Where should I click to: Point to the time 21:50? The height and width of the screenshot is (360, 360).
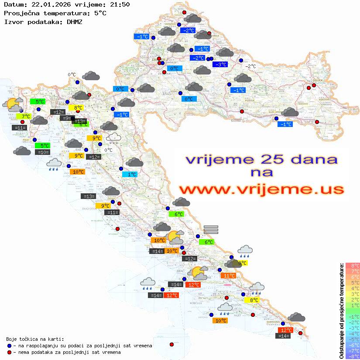coord(120,5)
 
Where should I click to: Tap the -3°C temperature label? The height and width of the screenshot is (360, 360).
coord(219,65)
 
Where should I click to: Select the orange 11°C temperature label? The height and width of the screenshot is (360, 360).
coord(228,275)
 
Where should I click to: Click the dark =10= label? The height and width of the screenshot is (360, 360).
coord(42,152)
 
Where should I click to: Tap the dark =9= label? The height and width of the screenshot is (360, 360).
coord(66,118)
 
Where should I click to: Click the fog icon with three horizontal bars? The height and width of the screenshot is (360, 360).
coord(211,229)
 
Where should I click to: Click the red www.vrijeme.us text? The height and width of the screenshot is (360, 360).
coord(261,190)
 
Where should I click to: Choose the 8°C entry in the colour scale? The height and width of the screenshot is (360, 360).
coord(353,266)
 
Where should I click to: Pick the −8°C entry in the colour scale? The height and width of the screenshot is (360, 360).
coord(353,357)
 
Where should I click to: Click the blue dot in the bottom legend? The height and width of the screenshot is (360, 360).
coord(9,346)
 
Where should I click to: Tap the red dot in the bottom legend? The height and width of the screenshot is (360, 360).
coord(9,352)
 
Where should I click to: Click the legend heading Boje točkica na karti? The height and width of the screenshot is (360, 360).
coord(34,339)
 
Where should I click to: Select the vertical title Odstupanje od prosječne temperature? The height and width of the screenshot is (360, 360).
coord(342,311)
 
